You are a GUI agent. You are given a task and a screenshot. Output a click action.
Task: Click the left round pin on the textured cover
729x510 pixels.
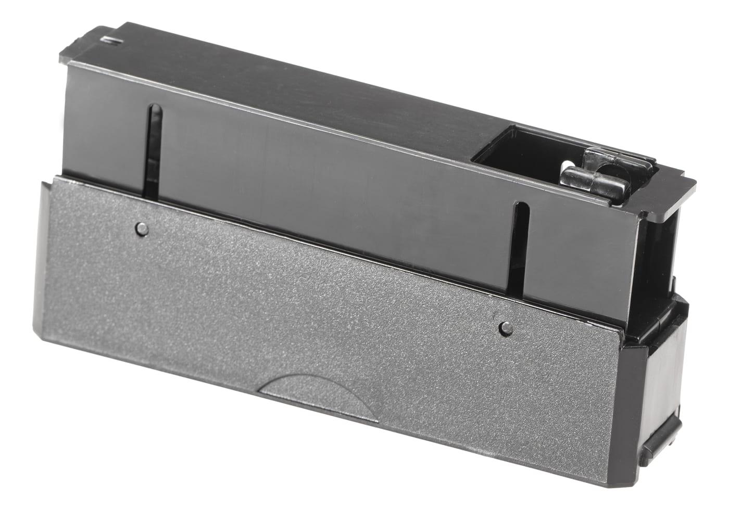coord(142,227)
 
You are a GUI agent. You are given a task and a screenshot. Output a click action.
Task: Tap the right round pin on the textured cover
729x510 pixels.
coord(504,327)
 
